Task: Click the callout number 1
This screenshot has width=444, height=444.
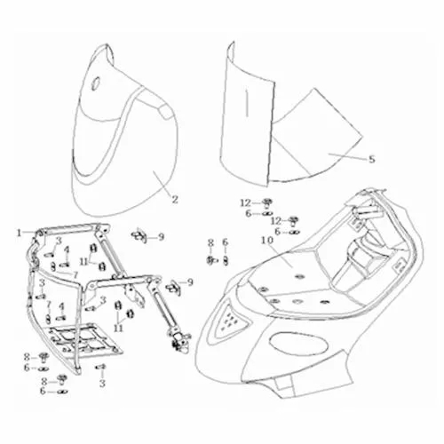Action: point(20,234)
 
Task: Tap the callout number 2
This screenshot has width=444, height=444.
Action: point(175,200)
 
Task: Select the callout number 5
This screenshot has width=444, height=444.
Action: point(372,159)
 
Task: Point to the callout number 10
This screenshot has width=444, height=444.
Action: point(267,240)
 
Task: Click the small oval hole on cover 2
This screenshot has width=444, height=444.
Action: point(96,83)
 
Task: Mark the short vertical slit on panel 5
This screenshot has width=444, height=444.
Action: point(246,103)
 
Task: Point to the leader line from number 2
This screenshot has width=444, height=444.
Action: point(162,184)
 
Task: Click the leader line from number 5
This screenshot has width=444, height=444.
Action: point(347,156)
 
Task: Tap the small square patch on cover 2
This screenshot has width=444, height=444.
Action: point(166,112)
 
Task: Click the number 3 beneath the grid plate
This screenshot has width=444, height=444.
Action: point(102,384)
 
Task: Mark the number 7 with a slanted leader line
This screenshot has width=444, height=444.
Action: point(75,275)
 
